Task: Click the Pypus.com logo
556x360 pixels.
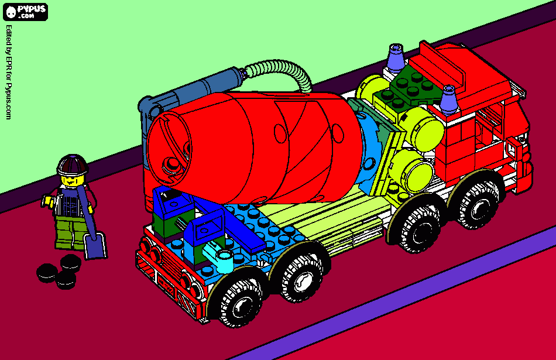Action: (x=25, y=12)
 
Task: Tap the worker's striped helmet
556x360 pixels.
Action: (x=73, y=164)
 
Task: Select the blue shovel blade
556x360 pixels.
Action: (x=95, y=246)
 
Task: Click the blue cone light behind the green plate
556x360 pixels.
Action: (x=396, y=58)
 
